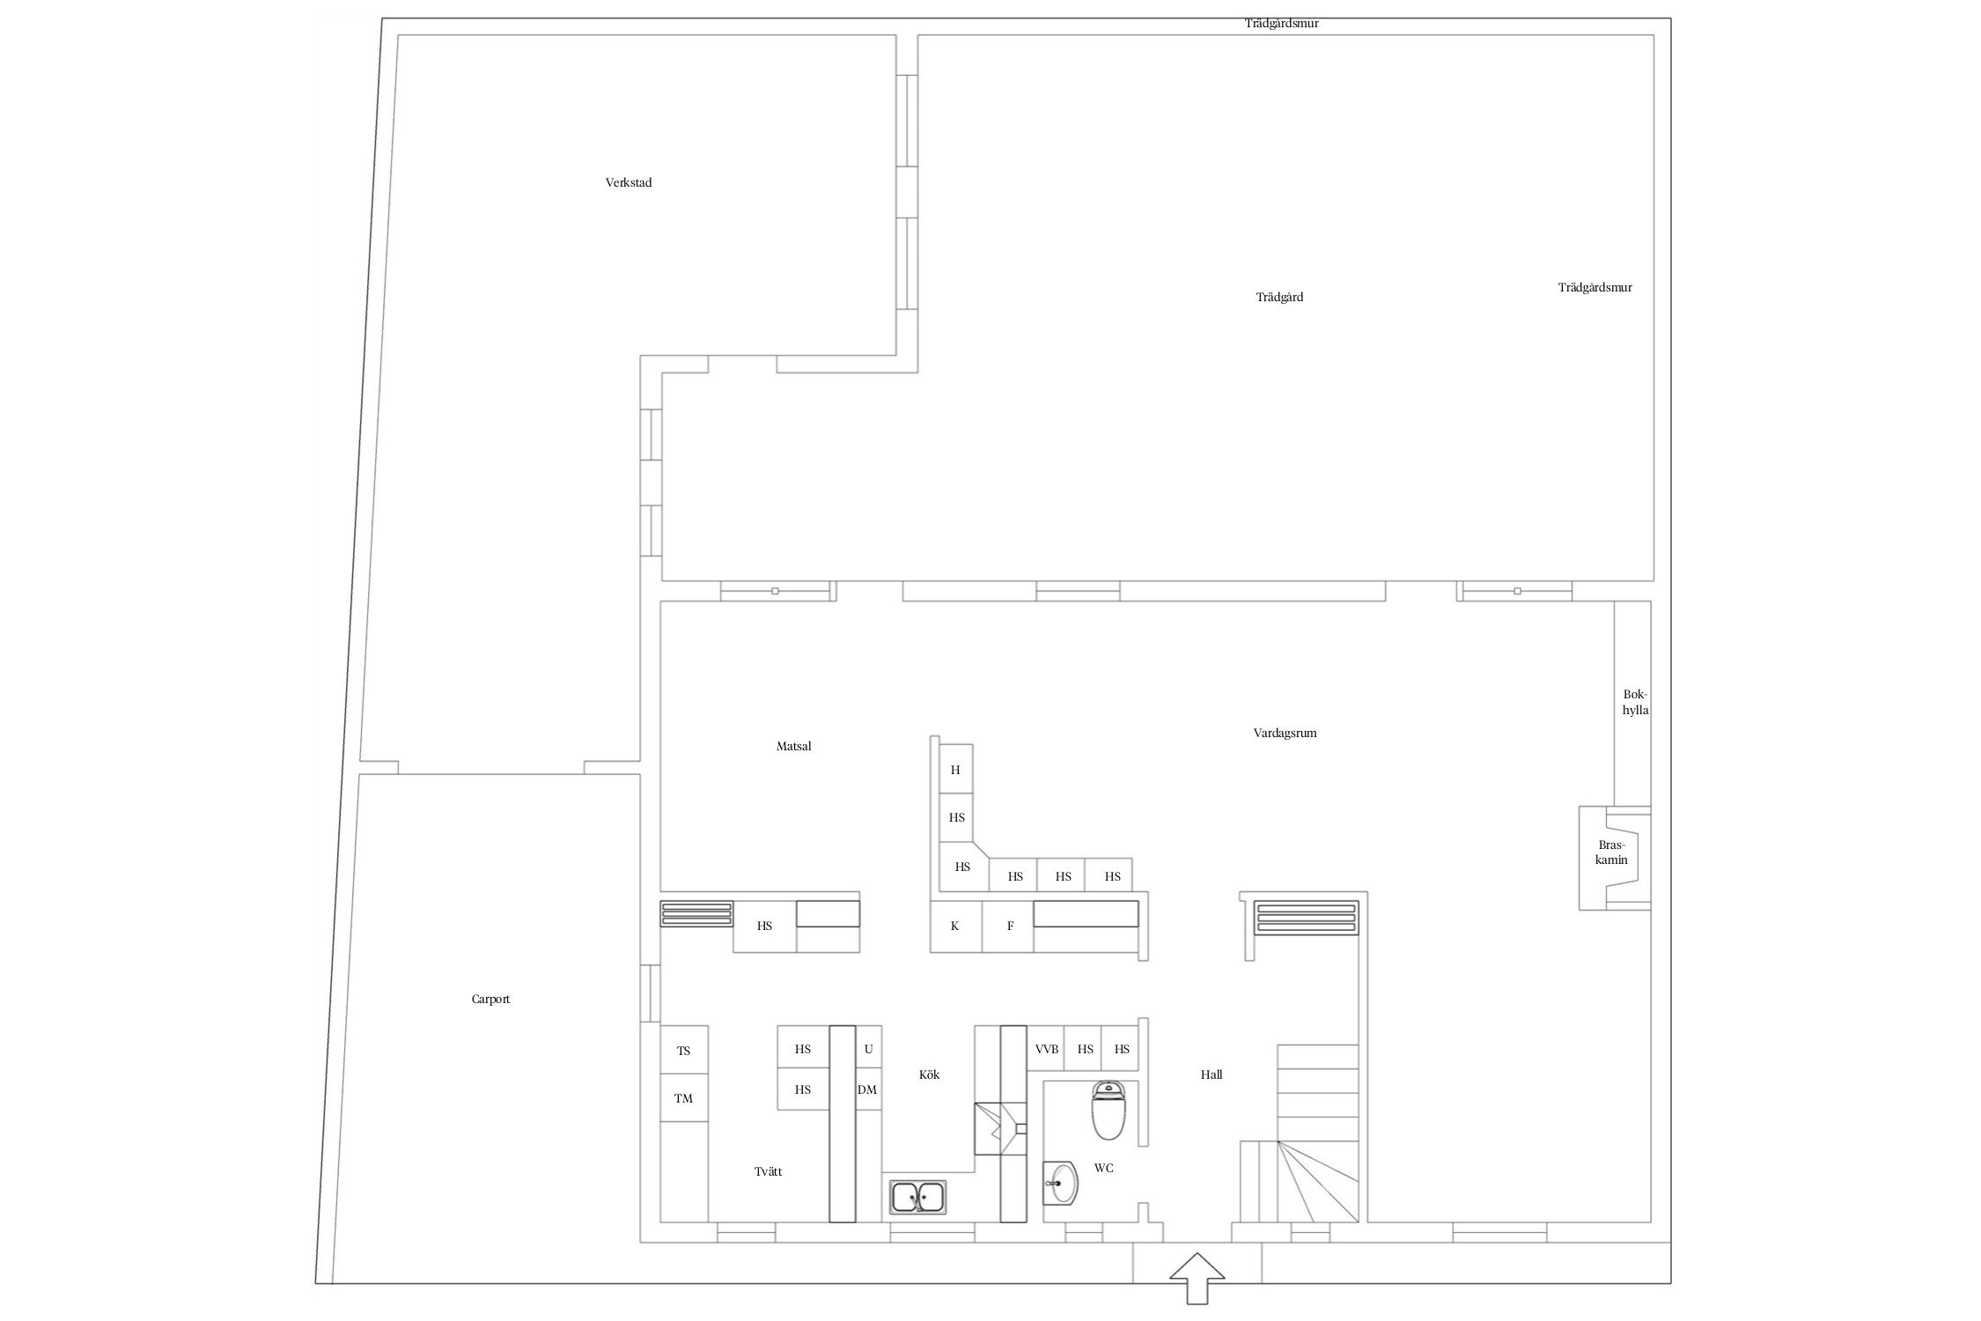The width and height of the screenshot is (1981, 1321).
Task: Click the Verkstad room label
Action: point(629,183)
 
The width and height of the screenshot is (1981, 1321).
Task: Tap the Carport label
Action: point(490,999)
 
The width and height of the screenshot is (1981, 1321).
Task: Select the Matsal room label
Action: point(793,746)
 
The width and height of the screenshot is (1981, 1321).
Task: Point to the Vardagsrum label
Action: point(1285,733)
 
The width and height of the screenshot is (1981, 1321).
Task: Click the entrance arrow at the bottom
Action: point(1197,1278)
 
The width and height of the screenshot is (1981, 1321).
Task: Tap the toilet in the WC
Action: point(1108,1111)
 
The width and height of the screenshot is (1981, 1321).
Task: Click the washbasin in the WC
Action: point(1060,1183)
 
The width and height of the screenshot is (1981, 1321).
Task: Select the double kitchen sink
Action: point(918,1197)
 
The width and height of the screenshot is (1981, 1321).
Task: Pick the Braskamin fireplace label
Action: point(1612,852)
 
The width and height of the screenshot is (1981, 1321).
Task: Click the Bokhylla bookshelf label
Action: point(1635,703)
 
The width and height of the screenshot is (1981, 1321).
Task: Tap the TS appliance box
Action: point(684,1050)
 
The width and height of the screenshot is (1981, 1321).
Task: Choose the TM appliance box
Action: point(684,1098)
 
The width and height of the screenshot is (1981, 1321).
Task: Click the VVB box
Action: point(1047,1049)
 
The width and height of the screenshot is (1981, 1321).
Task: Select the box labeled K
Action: point(956,926)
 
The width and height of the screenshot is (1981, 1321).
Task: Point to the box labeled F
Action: point(1008,926)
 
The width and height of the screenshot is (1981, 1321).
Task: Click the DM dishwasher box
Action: point(868,1090)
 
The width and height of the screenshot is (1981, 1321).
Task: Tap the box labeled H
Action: point(956,770)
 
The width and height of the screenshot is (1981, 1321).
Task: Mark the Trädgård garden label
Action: point(1279,298)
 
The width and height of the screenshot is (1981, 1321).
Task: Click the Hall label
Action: point(1211,1074)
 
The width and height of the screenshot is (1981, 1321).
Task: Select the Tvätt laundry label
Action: point(768,1171)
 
